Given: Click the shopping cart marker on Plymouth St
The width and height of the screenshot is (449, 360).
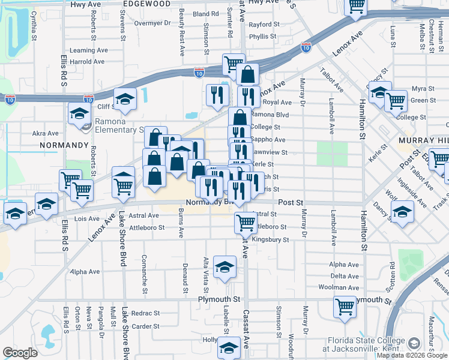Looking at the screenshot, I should point(345,306).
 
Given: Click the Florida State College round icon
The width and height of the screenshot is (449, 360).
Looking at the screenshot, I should point(414,343).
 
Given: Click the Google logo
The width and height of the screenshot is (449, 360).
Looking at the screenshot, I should point(20,353).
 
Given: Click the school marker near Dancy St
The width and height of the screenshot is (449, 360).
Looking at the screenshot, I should point(402,212).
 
